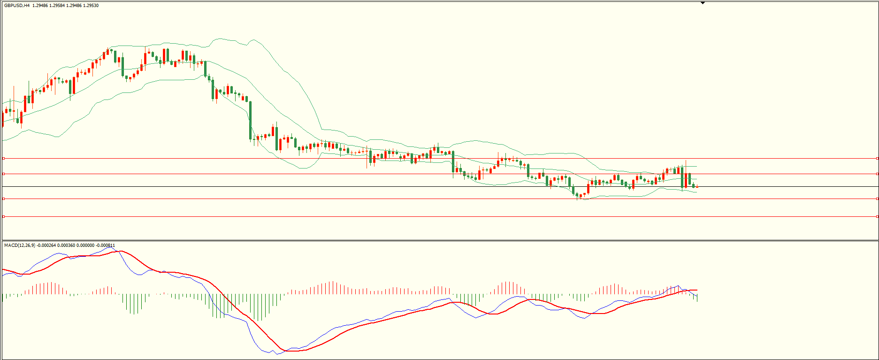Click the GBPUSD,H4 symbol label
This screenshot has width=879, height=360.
17,6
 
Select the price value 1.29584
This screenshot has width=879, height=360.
58,6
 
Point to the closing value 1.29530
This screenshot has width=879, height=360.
91,6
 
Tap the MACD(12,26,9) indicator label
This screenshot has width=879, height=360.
19,245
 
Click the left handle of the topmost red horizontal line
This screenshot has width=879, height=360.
3,159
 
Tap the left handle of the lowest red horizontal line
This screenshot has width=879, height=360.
3,216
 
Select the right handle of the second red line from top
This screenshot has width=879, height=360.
877,174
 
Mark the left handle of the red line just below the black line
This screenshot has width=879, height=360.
3,199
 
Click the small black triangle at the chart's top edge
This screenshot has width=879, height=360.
703,3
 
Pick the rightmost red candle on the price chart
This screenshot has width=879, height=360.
697,187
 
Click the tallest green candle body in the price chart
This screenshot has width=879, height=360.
250,120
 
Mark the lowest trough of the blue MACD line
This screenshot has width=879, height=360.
277,354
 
